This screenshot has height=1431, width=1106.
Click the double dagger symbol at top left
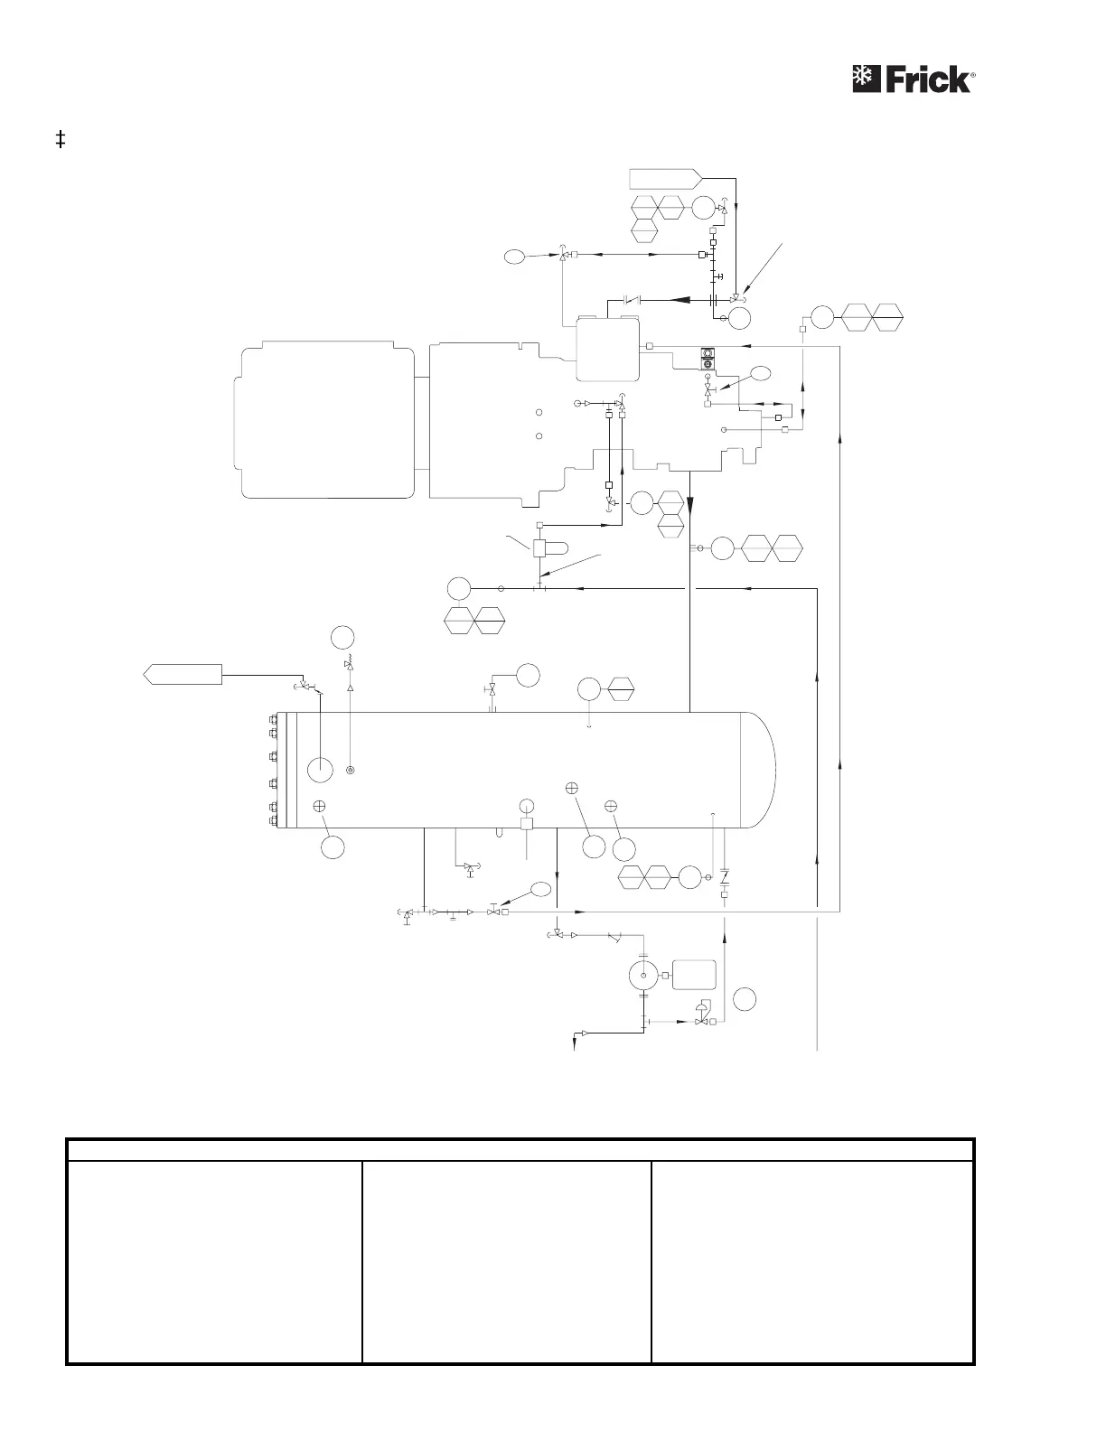click(61, 140)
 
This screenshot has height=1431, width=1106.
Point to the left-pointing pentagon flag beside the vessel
click(183, 674)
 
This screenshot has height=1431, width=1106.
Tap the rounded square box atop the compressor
click(608, 349)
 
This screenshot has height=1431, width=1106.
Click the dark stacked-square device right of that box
click(708, 359)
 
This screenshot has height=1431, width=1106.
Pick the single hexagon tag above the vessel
click(622, 690)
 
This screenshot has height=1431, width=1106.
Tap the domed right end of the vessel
click(759, 770)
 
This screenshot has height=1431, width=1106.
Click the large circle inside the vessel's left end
click(320, 770)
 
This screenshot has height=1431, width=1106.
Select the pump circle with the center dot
click(642, 975)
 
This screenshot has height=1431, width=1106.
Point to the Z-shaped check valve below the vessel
click(725, 876)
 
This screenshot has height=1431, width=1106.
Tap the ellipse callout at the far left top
click(513, 257)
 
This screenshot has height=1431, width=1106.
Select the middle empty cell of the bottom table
click(506, 1261)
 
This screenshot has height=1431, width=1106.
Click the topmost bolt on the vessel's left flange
click(273, 720)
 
